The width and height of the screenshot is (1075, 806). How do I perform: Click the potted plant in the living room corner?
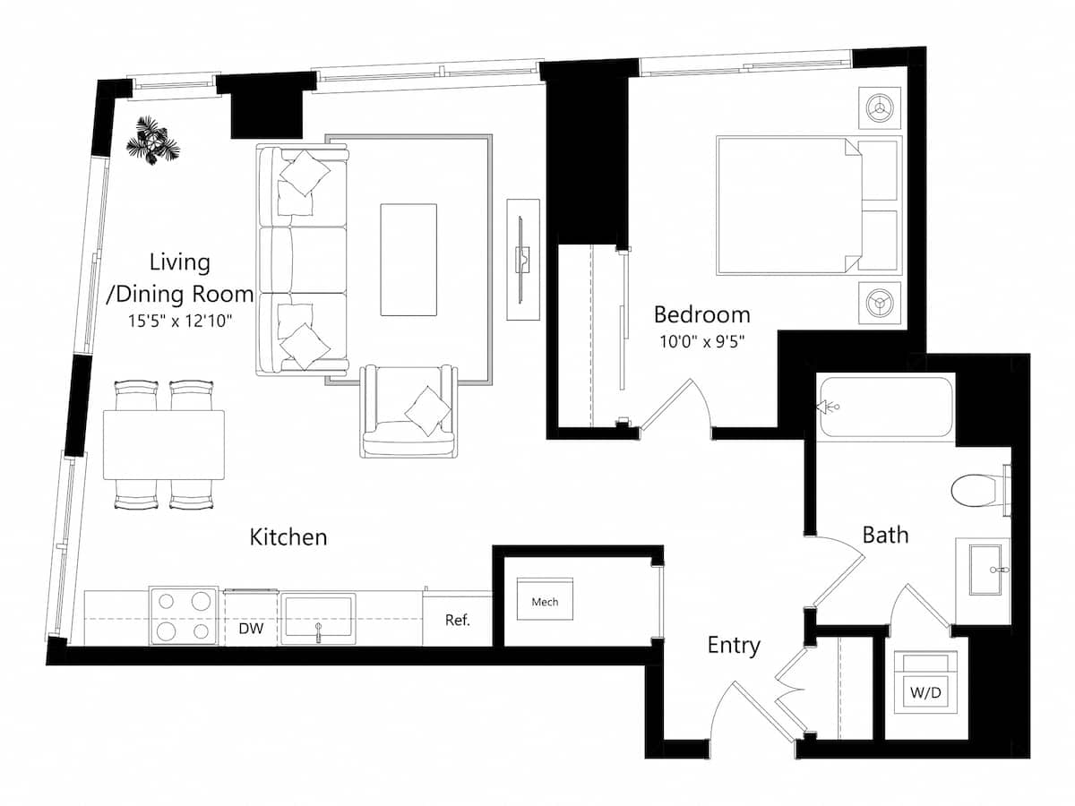pyautogui.click(x=152, y=141)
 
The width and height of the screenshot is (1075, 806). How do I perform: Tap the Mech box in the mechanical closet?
pyautogui.click(x=545, y=602)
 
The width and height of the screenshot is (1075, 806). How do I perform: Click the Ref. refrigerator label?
pyautogui.click(x=457, y=620)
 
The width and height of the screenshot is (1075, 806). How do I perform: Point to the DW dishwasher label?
pyautogui.click(x=250, y=629)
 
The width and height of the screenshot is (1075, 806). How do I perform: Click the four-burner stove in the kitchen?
pyautogui.click(x=184, y=616)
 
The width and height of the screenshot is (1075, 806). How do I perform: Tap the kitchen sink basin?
pyautogui.click(x=317, y=616)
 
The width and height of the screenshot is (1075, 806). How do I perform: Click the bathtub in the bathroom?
pyautogui.click(x=885, y=407)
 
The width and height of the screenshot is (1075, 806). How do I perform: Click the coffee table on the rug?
pyautogui.click(x=408, y=260)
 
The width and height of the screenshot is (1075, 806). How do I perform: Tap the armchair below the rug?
pyautogui.click(x=408, y=411)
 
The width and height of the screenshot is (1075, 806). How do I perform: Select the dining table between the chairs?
pyautogui.click(x=163, y=445)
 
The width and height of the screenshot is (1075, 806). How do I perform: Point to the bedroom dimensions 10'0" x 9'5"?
pyautogui.click(x=701, y=341)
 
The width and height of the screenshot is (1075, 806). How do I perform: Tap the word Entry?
pyautogui.click(x=734, y=645)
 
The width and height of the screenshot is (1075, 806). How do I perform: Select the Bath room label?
pyautogui.click(x=885, y=535)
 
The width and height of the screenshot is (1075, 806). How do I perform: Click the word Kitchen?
pyautogui.click(x=288, y=537)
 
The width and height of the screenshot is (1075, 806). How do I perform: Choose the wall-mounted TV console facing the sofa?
pyautogui.click(x=523, y=260)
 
